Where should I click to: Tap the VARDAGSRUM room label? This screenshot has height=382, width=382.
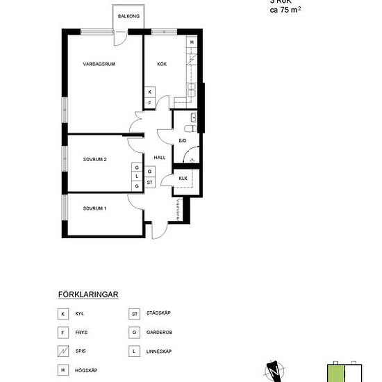(x=99, y=63)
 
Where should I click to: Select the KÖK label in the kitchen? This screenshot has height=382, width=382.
(x=162, y=63)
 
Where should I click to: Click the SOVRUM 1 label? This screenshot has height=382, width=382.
(x=94, y=208)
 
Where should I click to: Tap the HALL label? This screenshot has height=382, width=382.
(x=158, y=158)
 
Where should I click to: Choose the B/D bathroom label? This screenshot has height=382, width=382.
(x=183, y=141)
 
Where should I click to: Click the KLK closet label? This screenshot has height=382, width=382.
(x=183, y=178)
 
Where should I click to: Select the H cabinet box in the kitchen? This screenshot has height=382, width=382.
(x=192, y=42)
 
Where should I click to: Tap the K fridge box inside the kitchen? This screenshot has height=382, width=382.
(x=150, y=92)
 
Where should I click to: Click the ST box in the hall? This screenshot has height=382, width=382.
(x=150, y=181)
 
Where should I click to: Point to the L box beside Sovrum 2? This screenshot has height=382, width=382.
(x=137, y=177)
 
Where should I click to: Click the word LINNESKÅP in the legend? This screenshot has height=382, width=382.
(x=160, y=350)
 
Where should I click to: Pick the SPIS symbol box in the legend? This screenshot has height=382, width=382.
(x=63, y=351)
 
